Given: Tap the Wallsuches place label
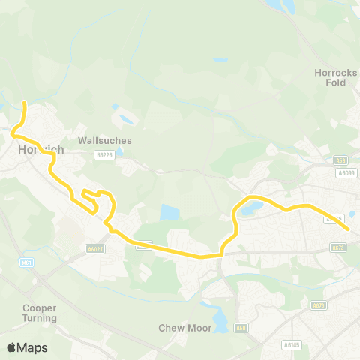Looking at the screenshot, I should click(105, 140).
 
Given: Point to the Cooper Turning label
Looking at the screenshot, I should click(40, 313).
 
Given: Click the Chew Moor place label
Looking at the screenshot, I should click(177, 328).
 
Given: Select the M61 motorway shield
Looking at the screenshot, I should click(28, 262).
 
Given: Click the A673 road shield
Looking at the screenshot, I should click(338, 247).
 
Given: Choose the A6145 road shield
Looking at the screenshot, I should click(292, 344).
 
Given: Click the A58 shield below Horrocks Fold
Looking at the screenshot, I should click(341, 160).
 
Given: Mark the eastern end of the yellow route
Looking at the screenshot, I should click(349, 229).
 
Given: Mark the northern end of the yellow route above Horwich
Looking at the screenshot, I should click(25, 103).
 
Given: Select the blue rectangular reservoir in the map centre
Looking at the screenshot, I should click(170, 213).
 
